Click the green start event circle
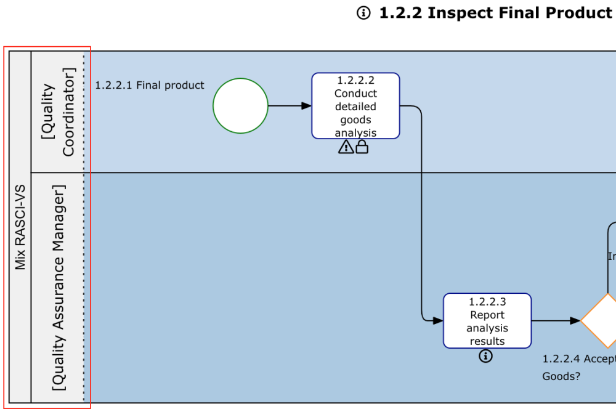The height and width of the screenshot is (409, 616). pyautogui.click(x=240, y=106)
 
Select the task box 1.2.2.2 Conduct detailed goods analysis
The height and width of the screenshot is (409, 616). pyautogui.click(x=355, y=105)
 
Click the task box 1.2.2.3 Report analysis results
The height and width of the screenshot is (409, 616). pyautogui.click(x=487, y=320)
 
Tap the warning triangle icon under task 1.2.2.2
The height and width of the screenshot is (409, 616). pyautogui.click(x=346, y=147)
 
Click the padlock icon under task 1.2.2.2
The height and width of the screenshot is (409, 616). pyautogui.click(x=362, y=147)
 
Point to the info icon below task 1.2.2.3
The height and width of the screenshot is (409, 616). pyautogui.click(x=486, y=355)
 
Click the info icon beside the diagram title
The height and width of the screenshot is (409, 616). pyautogui.click(x=364, y=13)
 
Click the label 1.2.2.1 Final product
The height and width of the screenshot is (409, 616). pyautogui.click(x=150, y=85)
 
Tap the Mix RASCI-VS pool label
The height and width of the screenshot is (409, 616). pyautogui.click(x=20, y=227)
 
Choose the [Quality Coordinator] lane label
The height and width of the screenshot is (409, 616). pyautogui.click(x=57, y=111)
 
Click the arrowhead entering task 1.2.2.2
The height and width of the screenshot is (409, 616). pyautogui.click(x=306, y=106)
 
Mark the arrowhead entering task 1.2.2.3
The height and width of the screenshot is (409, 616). pyautogui.click(x=438, y=320)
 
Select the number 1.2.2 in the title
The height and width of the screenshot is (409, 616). pyautogui.click(x=400, y=13)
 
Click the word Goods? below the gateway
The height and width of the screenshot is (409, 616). pyautogui.click(x=561, y=376)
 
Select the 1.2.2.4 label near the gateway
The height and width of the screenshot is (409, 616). pyautogui.click(x=561, y=358)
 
